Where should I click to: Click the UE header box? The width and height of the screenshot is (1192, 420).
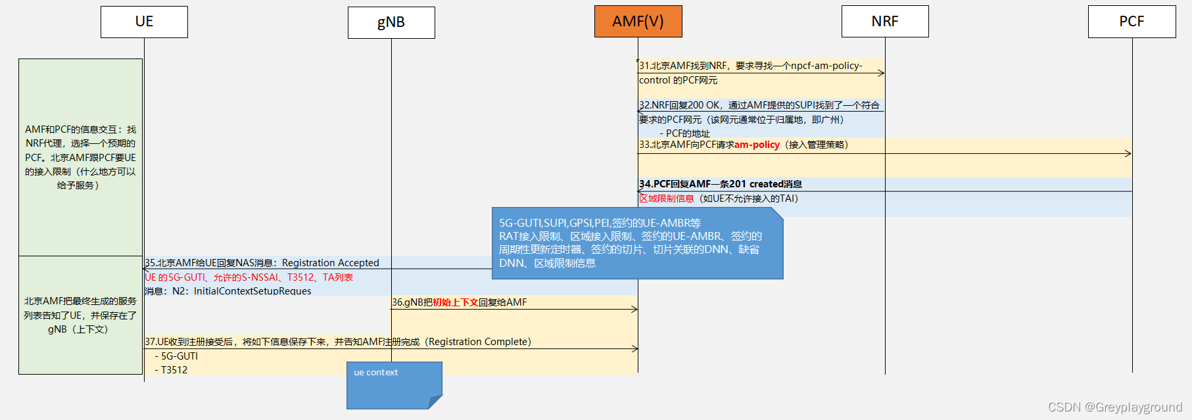144,22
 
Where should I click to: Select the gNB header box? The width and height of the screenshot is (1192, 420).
391,22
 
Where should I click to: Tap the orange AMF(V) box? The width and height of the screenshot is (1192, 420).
638,22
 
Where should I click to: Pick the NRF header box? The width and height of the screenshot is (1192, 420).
885,22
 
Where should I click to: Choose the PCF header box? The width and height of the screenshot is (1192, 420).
1132,22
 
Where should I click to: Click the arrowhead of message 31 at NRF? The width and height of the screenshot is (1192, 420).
881,73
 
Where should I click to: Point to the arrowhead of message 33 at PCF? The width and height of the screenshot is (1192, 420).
1128,153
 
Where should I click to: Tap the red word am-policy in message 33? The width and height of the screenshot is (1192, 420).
757,145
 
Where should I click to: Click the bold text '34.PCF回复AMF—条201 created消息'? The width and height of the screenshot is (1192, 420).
721,184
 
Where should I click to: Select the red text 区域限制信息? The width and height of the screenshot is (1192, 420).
667,198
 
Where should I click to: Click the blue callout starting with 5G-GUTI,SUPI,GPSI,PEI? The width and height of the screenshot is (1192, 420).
636,243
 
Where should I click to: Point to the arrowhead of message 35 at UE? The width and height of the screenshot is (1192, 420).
147,268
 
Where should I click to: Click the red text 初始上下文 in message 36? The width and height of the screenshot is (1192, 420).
455,302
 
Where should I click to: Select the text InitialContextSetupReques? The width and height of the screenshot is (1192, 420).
252,291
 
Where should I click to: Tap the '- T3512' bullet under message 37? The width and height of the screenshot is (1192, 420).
171,370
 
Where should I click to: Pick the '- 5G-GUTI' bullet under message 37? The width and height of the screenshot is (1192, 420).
176,356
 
